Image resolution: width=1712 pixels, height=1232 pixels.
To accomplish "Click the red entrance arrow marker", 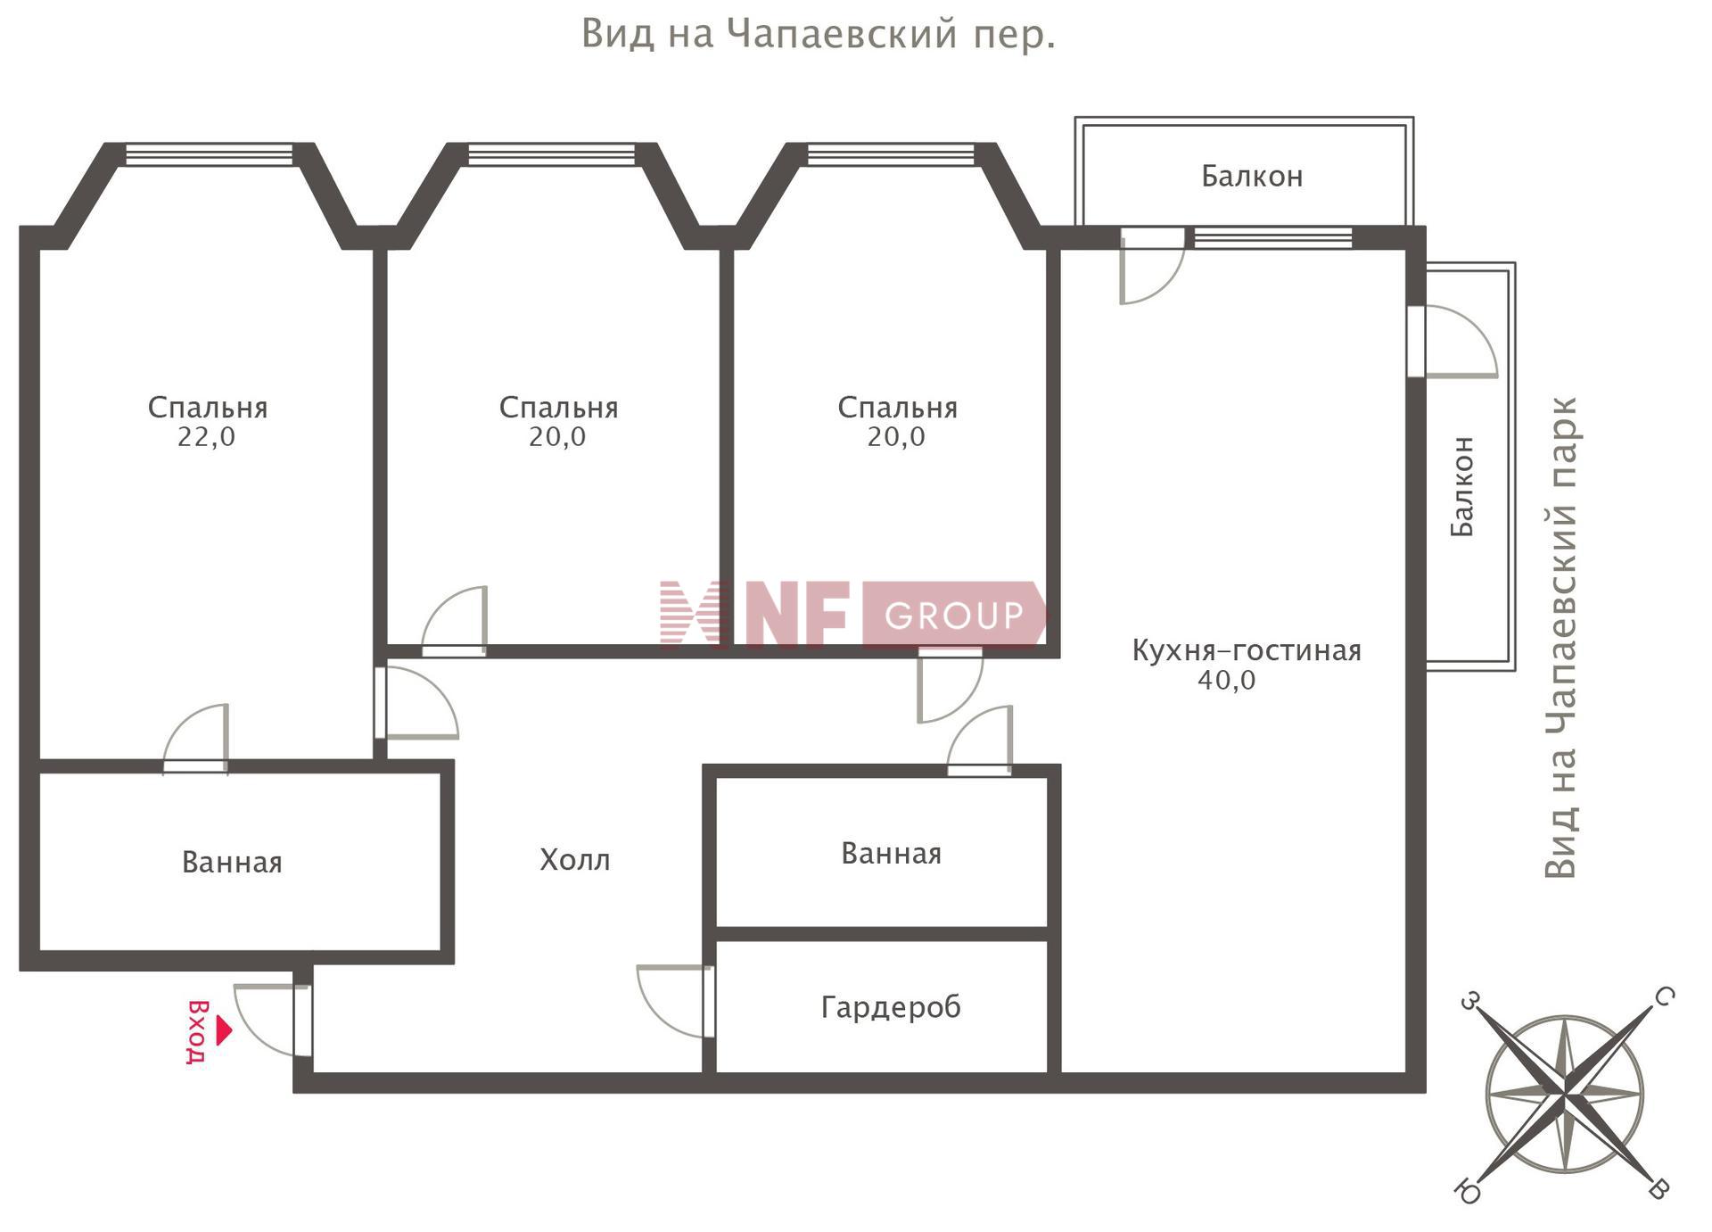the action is (224, 1030).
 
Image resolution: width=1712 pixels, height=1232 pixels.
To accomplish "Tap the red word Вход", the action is (197, 1032).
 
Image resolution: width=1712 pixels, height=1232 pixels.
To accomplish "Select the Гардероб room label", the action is (891, 1007).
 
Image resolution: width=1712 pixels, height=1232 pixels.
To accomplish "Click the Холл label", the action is (575, 860).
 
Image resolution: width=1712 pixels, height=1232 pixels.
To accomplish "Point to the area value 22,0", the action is (206, 437).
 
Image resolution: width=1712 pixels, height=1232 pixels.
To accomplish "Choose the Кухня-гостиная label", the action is (1247, 650).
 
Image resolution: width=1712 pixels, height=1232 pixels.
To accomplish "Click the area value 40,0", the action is (1227, 681).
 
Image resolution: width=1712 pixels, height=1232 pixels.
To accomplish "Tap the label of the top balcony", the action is (1252, 177).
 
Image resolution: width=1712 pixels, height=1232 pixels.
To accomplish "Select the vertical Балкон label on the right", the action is (1462, 486).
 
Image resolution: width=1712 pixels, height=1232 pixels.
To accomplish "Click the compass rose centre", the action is (1565, 1093).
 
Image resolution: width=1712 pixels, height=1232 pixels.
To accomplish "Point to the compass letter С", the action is (1664, 996).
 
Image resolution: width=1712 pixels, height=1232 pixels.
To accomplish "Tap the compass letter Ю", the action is (1467, 1190).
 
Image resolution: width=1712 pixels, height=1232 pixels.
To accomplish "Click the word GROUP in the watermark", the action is (954, 616).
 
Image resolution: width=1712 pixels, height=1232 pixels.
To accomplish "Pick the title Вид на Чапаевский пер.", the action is (819, 35).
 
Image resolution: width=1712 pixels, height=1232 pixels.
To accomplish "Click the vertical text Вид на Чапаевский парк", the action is (1561, 638).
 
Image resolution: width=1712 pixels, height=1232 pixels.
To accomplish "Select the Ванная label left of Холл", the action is (232, 863).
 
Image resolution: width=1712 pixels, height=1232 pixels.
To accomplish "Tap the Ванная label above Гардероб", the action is (891, 854).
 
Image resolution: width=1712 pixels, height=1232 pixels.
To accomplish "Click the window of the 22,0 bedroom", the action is (209, 154).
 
